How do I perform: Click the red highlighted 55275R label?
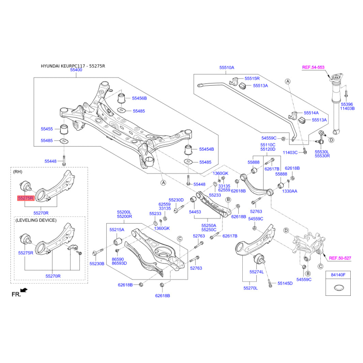point(26,198)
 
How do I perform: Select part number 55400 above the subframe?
point(76,70)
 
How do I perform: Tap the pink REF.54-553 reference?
point(313,67)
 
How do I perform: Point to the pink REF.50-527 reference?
point(340,258)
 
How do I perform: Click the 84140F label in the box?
point(338,275)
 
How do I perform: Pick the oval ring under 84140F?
point(338,288)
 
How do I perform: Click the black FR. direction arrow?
point(24,290)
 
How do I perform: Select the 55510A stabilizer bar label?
point(226,68)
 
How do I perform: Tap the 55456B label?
point(139,98)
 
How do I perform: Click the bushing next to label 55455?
point(64,129)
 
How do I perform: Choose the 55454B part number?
point(206,149)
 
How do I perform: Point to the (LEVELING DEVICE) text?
point(36,220)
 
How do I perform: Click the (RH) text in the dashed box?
point(18,172)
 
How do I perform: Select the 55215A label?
point(117,230)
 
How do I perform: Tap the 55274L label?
point(256,272)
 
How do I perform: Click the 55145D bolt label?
point(285,283)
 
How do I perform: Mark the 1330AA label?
point(289,191)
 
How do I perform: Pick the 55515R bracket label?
point(252,78)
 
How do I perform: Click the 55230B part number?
point(97,264)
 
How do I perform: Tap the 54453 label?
point(195,212)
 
